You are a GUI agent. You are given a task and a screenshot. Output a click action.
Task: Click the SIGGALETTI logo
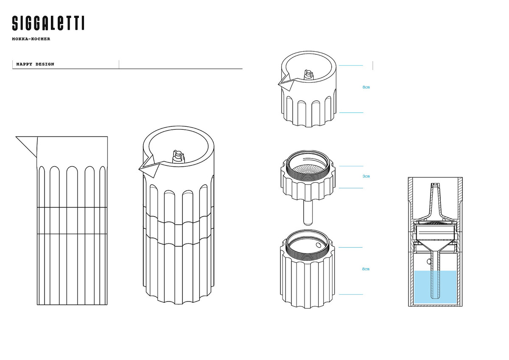48,23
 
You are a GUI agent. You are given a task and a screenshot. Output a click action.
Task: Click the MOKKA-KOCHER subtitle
31,39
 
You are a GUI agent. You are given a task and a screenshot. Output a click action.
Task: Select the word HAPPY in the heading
24,64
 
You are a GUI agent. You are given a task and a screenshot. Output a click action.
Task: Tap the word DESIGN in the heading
45,64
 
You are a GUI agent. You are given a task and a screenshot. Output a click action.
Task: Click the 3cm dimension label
366,176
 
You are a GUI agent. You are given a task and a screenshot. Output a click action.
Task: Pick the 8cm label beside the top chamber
366,87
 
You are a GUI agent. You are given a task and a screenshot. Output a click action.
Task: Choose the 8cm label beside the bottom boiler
366,269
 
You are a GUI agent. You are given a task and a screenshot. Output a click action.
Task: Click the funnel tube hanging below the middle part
308,213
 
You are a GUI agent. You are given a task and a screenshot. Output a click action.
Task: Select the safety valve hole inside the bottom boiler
319,245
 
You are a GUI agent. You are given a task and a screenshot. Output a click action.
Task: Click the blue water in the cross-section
435,287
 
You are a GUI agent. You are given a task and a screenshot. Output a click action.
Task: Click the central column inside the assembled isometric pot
179,156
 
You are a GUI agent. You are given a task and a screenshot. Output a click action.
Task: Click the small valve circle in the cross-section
429,262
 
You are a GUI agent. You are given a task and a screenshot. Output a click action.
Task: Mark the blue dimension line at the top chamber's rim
351,65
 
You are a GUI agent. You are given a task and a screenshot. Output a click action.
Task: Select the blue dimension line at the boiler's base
351,294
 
